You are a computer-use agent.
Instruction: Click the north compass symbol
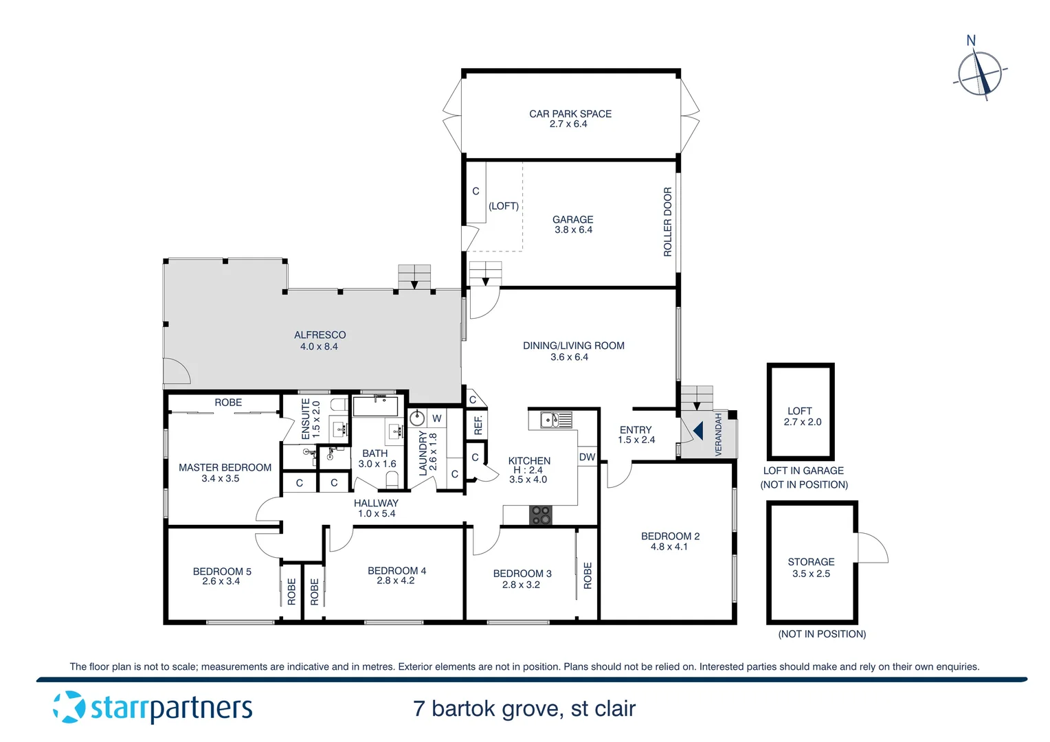pos(980,71)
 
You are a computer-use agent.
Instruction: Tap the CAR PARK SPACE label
pos(570,114)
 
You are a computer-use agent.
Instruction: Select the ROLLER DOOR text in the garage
pos(667,222)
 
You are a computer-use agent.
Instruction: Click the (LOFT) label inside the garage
pos(503,206)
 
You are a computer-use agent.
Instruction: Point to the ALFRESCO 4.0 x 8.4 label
pos(320,341)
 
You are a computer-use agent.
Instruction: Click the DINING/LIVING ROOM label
pos(573,346)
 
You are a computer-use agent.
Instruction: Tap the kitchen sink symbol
pos(555,419)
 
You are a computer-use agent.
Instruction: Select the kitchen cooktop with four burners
pos(541,515)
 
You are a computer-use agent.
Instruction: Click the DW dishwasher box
pos(587,457)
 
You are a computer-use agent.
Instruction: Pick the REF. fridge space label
pos(478,425)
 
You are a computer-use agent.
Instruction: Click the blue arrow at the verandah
pos(697,431)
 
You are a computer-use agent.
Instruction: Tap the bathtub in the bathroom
pos(375,406)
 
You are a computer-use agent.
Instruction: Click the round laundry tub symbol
pos(417,418)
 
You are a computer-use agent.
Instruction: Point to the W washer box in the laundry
pos(437,418)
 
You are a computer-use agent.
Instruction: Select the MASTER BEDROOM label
pos(225,467)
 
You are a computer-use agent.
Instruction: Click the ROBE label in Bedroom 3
pos(588,575)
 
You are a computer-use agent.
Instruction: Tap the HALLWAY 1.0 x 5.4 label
pos(376,508)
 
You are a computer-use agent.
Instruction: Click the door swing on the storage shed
pos(871,548)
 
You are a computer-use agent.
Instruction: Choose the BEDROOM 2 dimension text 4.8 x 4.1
pos(669,547)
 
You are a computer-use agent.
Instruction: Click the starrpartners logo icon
pos(69,707)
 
